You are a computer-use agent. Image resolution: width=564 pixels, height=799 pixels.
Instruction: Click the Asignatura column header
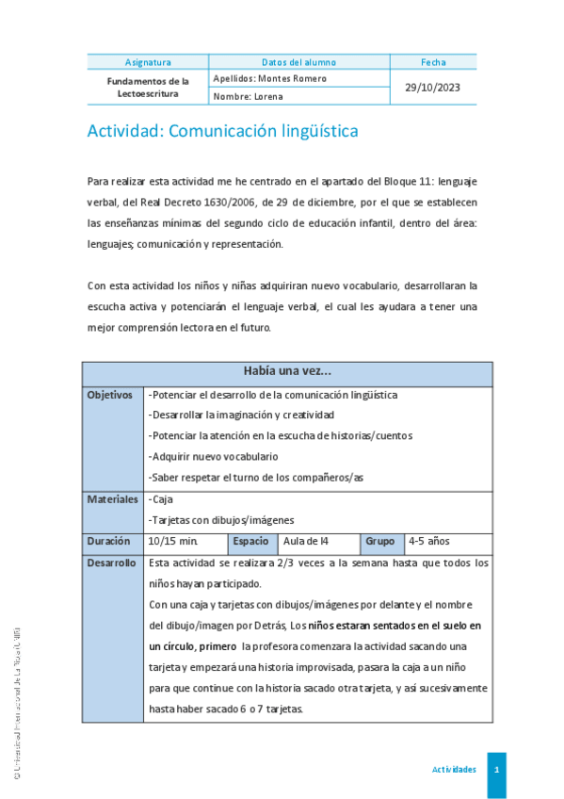[x=147, y=62]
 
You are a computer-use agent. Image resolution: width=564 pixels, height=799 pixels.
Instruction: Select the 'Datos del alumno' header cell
[x=298, y=62]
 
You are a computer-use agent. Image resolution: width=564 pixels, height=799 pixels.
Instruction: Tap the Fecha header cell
[x=433, y=62]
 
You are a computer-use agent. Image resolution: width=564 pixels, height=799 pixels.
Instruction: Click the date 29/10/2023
[x=433, y=88]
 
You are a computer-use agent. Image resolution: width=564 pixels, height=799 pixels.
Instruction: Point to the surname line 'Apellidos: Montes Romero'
[x=270, y=79]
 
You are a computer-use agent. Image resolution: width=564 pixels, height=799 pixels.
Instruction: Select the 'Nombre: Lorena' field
[x=248, y=96]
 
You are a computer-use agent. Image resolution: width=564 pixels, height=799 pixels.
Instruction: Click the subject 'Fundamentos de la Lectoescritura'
[x=147, y=88]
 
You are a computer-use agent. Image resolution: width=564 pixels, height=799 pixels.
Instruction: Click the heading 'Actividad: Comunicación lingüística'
[x=222, y=131]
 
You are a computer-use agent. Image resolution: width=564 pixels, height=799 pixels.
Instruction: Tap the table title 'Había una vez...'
[x=286, y=372]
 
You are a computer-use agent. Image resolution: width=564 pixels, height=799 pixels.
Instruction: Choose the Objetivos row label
[x=109, y=395]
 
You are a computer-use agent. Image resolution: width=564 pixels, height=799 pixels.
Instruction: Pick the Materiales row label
[x=112, y=499]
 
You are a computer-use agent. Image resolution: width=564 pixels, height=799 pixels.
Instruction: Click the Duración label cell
[x=108, y=542]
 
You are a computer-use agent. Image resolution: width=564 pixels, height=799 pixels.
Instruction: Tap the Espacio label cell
[x=251, y=542]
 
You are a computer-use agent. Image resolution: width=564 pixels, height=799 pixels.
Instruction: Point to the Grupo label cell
[x=379, y=542]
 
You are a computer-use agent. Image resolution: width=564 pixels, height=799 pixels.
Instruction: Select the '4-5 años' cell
[x=429, y=542]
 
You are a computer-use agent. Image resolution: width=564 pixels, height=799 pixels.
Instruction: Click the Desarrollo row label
[x=111, y=563]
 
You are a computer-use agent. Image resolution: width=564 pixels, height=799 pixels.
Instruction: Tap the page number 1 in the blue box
[x=496, y=770]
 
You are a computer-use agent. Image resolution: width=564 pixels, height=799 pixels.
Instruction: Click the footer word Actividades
[x=454, y=770]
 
